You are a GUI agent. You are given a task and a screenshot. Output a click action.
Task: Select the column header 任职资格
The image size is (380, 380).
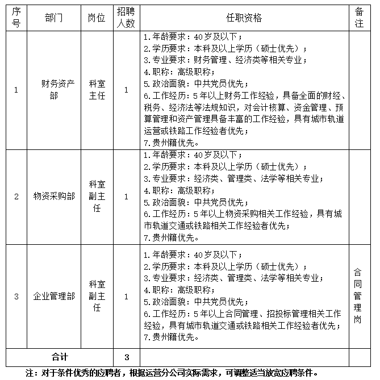click(245, 18)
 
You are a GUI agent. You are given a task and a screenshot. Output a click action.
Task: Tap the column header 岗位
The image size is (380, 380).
click(97, 18)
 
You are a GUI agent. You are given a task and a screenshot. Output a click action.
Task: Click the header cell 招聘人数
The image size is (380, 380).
click(126, 18)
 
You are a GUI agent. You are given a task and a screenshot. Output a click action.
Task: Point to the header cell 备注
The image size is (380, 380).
click(359, 18)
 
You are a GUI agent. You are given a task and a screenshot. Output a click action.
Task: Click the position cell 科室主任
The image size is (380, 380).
click(97, 90)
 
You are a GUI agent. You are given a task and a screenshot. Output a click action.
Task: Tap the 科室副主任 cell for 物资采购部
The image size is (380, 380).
click(97, 197)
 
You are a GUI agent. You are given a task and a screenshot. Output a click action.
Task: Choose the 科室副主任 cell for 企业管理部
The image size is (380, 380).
click(97, 296)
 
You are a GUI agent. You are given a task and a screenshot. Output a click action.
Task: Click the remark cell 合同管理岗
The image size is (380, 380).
click(358, 296)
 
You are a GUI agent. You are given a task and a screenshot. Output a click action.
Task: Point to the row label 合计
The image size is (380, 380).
click(60, 357)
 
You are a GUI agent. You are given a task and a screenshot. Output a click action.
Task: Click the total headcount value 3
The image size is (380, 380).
click(127, 357)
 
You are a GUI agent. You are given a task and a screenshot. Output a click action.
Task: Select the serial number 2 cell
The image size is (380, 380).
click(16, 197)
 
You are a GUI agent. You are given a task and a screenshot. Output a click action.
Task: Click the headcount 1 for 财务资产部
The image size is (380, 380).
click(126, 90)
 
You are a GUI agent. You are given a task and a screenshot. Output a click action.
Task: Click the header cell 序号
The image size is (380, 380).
click(16, 18)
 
